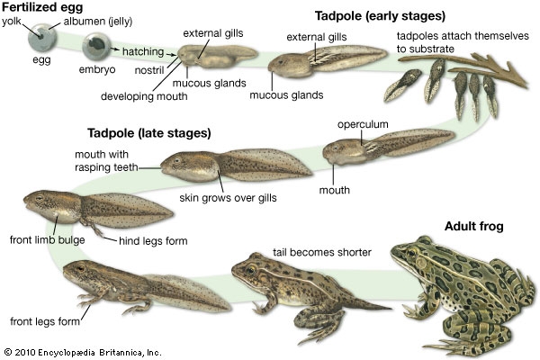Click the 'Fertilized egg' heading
tap(40, 7)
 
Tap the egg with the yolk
tap(40, 39)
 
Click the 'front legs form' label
tap(41, 320)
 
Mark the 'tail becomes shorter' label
tap(321, 252)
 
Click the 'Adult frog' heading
tap(481, 224)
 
